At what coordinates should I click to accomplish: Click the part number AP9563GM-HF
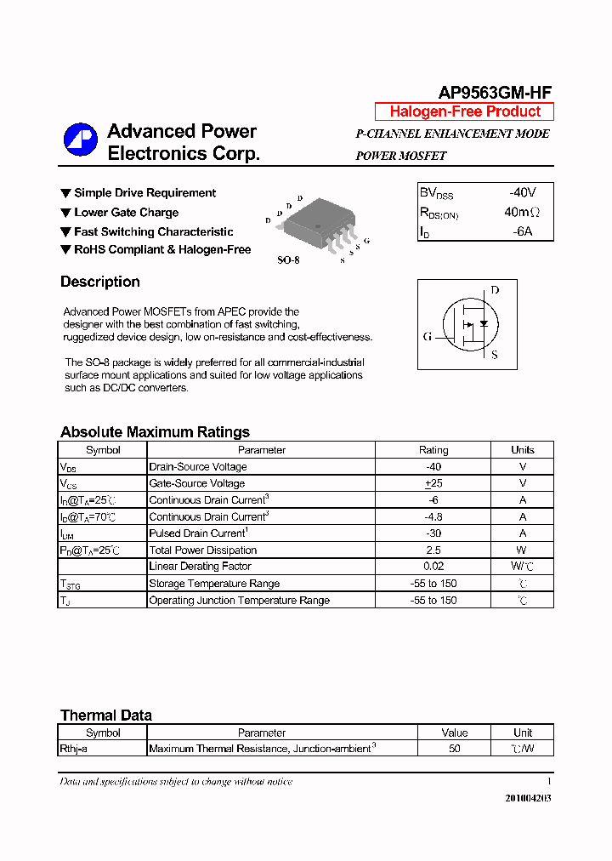[x=496, y=94]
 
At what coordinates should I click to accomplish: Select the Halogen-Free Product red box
[x=464, y=111]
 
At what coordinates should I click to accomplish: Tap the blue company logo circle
[x=81, y=140]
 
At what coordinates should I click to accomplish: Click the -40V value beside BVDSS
[x=522, y=192]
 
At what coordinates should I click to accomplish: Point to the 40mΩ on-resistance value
[x=522, y=212]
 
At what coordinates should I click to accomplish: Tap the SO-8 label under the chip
[x=289, y=260]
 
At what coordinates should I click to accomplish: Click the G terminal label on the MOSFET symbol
[x=427, y=336]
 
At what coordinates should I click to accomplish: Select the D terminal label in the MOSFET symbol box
[x=495, y=290]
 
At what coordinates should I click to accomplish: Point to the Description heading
[x=100, y=282]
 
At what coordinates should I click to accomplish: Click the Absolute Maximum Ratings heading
[x=155, y=432]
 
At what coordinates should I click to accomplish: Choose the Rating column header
[x=433, y=450]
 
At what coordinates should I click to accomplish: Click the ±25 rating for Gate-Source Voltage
[x=433, y=483]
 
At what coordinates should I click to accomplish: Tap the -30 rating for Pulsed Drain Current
[x=433, y=533]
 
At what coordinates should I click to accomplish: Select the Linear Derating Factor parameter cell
[x=200, y=567]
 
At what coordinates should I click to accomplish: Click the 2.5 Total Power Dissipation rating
[x=433, y=550]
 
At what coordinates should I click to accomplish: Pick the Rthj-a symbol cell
[x=74, y=749]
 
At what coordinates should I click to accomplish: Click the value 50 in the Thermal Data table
[x=455, y=749]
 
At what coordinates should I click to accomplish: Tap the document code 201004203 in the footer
[x=528, y=798]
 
